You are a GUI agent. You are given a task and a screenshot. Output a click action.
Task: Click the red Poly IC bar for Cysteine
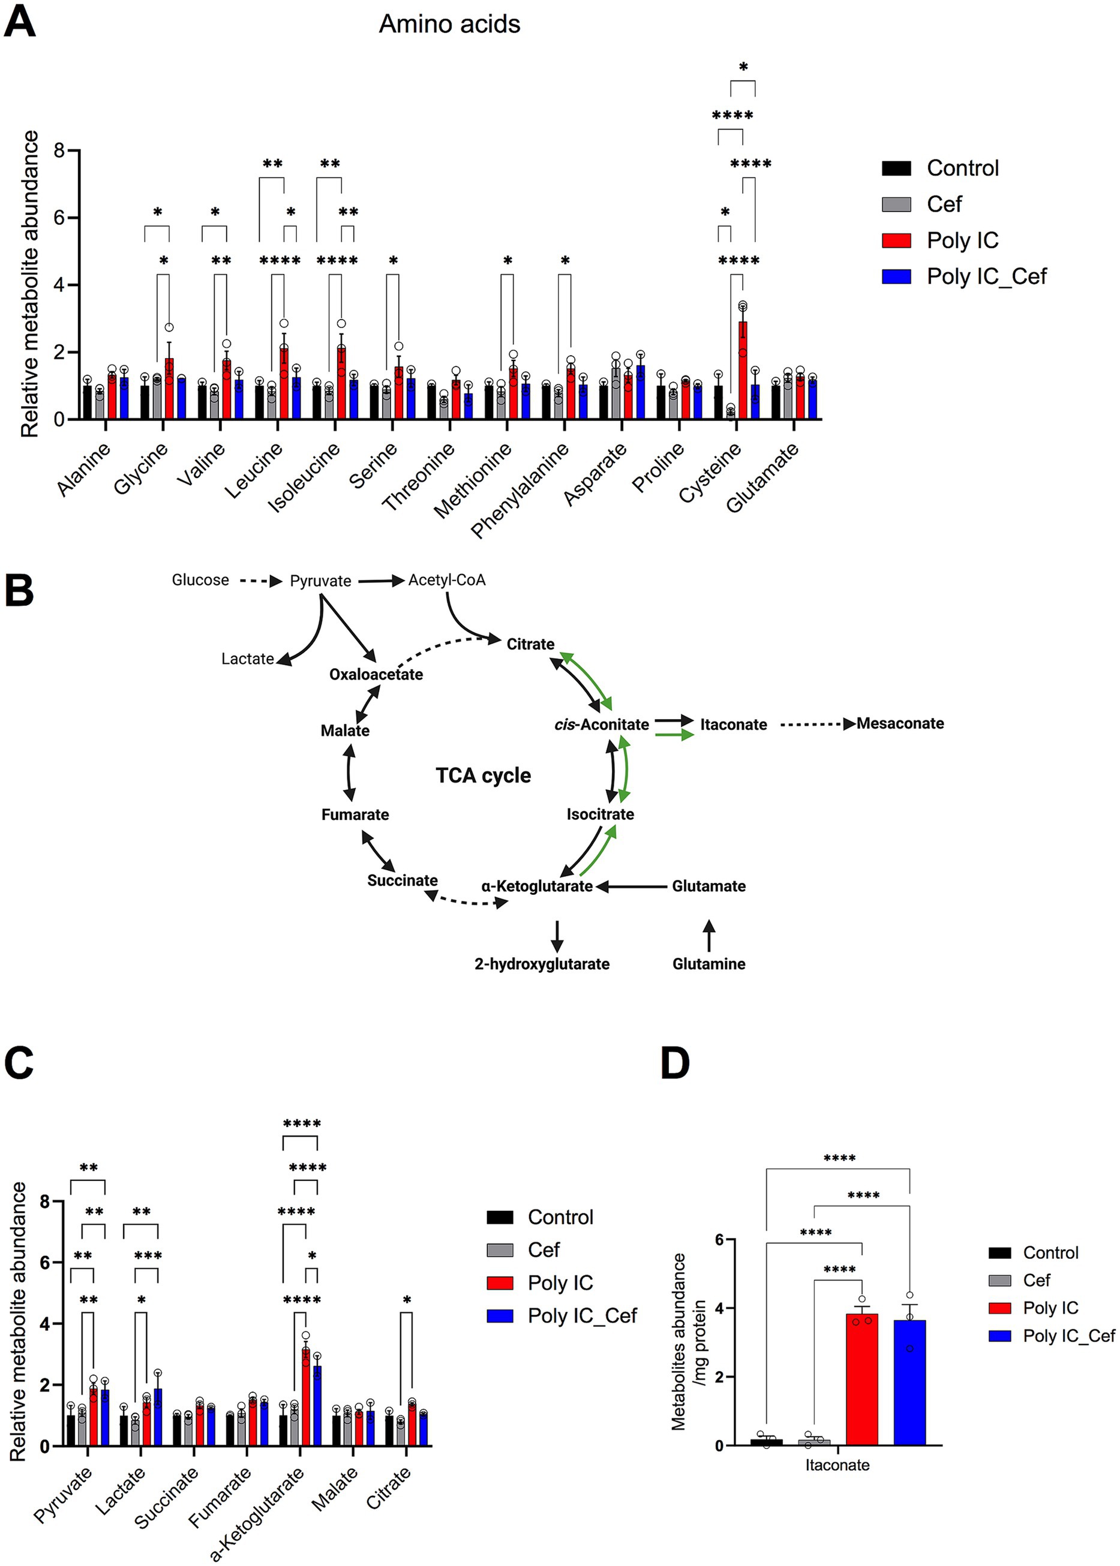743,372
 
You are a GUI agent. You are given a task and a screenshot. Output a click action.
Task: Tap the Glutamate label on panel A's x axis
762,478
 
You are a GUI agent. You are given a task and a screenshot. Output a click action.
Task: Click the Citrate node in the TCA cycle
530,644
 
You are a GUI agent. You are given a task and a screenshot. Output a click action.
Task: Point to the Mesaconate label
900,723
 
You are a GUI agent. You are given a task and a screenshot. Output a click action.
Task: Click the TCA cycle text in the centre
483,775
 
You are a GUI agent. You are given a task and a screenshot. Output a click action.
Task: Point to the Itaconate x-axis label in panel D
837,1465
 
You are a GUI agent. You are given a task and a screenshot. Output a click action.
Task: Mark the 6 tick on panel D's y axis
719,1240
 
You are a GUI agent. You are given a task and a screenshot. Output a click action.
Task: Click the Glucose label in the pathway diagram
200,580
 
